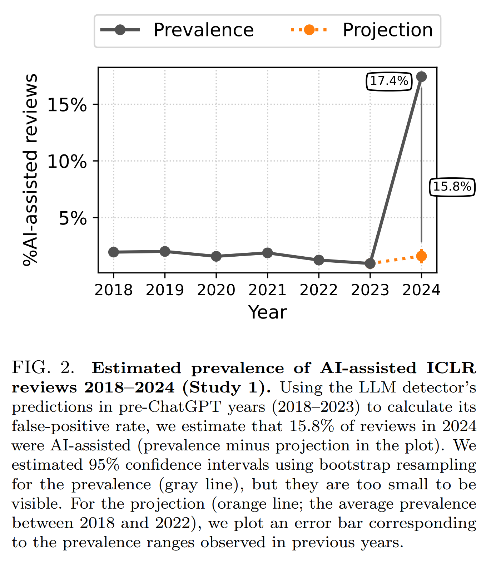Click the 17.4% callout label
click(x=389, y=81)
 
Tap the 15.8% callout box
click(x=452, y=187)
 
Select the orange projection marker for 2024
click(x=422, y=256)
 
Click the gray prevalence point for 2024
click(x=422, y=76)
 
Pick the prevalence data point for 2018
click(x=114, y=252)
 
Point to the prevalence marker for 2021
click(x=267, y=253)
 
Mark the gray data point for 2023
click(x=370, y=263)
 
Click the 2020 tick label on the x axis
click(x=216, y=290)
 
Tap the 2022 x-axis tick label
click(x=319, y=290)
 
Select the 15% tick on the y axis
click(x=67, y=105)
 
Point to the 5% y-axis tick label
click(x=73, y=218)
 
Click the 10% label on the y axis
click(x=67, y=162)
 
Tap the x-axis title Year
click(x=267, y=312)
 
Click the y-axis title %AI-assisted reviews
click(x=30, y=170)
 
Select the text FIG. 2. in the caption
click(x=43, y=368)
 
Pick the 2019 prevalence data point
click(x=165, y=251)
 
